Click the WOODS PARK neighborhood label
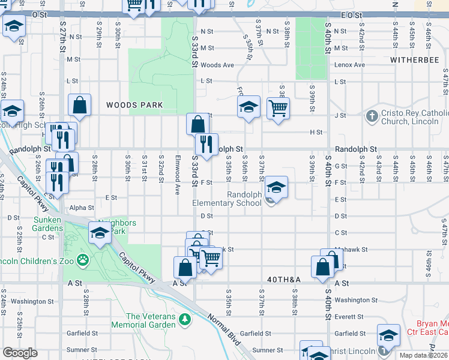134,105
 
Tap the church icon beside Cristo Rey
372,115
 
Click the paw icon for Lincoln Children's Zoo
82,260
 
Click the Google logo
20,353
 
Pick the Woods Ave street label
217,65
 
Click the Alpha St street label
82,208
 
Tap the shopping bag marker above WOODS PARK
79,106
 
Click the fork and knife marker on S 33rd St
206,144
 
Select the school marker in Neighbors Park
100,233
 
